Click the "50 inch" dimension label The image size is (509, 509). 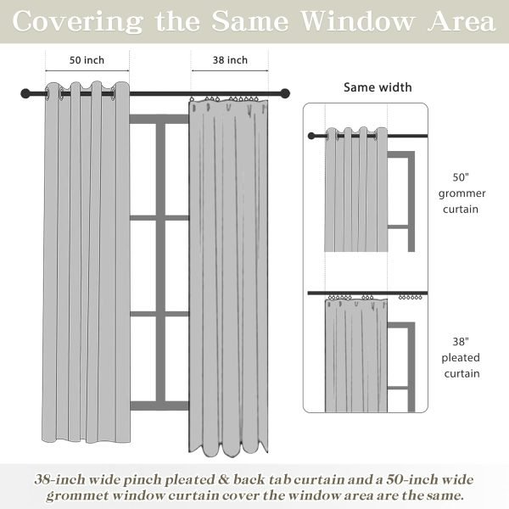point(87,60)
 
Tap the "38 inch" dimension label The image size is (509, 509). point(230,60)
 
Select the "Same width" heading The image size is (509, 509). point(378,87)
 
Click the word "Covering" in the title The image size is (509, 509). point(80,21)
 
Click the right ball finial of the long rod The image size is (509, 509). point(288,92)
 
